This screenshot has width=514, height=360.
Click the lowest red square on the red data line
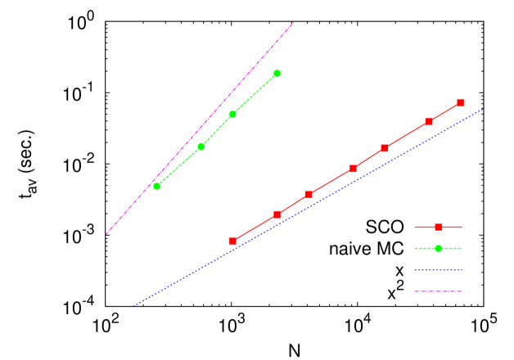click(233, 241)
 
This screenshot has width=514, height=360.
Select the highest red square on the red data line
click(461, 103)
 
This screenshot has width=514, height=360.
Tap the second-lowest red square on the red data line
click(277, 214)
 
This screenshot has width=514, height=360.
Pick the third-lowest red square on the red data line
click(309, 195)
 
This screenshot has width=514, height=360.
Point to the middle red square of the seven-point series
click(353, 169)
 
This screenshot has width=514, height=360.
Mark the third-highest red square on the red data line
click(385, 148)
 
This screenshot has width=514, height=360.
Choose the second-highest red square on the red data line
click(429, 122)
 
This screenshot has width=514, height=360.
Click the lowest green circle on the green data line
click(157, 187)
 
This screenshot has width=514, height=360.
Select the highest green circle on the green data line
click(277, 74)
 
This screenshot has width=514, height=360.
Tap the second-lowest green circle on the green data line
click(201, 146)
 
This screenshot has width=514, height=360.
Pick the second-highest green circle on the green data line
click(232, 114)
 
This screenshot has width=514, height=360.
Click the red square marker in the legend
click(439, 227)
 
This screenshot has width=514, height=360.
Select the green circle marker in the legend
click(439, 249)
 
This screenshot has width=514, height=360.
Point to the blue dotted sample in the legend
click(439, 270)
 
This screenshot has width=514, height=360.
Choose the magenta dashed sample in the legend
click(439, 291)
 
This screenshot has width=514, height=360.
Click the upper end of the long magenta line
click(293, 23)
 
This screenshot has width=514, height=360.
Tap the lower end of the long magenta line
click(106, 234)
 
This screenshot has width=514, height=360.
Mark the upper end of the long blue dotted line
click(481, 110)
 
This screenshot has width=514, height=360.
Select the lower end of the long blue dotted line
click(135, 305)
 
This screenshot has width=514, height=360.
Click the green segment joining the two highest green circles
click(255, 94)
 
